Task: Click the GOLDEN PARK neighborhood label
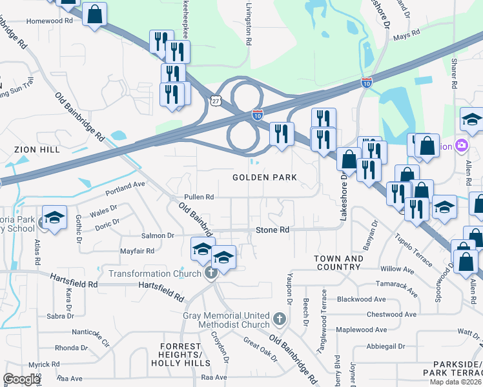tap(264, 177)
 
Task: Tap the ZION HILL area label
tap(37, 150)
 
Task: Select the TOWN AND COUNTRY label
tap(338, 263)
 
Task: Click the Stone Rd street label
tap(272, 230)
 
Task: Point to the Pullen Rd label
tap(198, 197)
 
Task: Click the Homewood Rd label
tap(49, 21)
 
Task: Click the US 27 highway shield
tap(216, 100)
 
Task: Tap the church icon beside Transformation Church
tap(210, 273)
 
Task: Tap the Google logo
tap(21, 379)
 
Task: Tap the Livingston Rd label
tap(248, 23)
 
